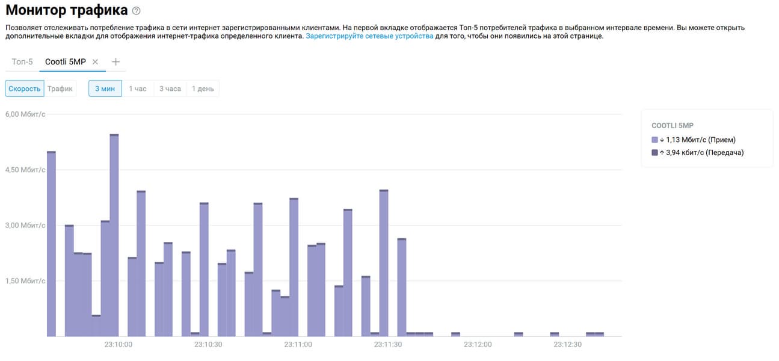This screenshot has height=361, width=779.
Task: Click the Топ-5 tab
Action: (x=22, y=62)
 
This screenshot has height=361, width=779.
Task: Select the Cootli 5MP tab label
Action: (x=66, y=62)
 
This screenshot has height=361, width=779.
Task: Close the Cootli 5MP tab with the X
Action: (x=95, y=62)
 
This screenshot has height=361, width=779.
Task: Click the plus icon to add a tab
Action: (x=116, y=62)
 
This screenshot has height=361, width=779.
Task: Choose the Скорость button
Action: (x=25, y=88)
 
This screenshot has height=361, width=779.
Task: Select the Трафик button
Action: (x=60, y=88)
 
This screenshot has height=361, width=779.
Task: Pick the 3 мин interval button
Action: (x=105, y=88)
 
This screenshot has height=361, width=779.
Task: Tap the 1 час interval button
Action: (x=138, y=88)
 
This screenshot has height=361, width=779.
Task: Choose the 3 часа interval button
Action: (x=170, y=88)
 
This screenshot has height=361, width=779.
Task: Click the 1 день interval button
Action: (x=203, y=88)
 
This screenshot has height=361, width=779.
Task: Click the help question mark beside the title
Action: (x=137, y=11)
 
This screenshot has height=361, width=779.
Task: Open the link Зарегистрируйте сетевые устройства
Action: (x=369, y=36)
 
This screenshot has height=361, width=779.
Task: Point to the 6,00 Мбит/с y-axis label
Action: (x=25, y=114)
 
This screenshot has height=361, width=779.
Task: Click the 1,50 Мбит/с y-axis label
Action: (x=25, y=281)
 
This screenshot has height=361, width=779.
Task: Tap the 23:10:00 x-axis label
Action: (x=118, y=345)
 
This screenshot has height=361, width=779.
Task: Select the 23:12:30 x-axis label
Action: (x=568, y=345)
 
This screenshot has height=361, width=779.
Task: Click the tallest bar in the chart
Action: (x=114, y=235)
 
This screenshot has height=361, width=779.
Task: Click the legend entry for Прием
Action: (x=697, y=140)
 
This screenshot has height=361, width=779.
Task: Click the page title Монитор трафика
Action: (x=66, y=10)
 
